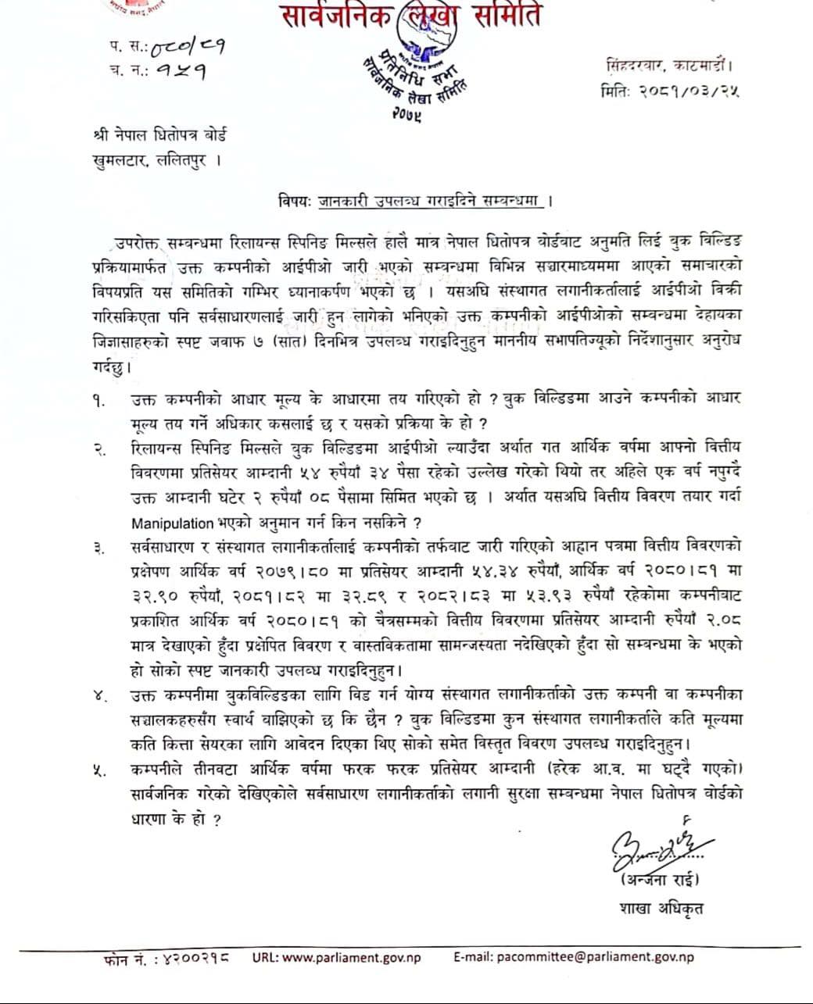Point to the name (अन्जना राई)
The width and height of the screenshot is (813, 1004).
[x=660, y=881]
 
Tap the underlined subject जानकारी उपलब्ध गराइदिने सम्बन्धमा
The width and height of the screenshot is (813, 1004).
[x=430, y=201]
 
